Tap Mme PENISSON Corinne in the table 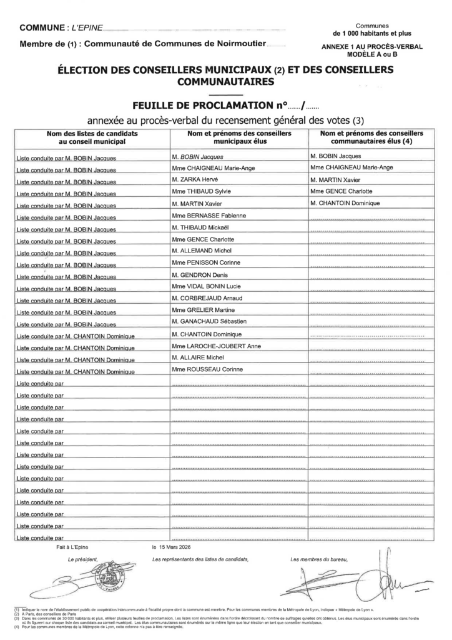pos(205,262)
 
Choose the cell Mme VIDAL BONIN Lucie pos(207,286)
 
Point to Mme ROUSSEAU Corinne pos(206,369)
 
